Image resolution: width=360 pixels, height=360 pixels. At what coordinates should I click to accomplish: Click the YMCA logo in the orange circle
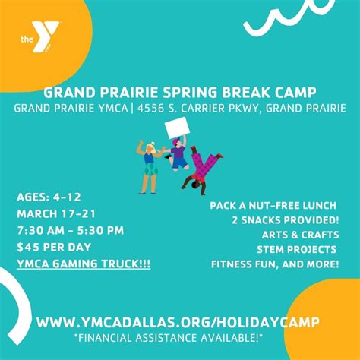[37, 39]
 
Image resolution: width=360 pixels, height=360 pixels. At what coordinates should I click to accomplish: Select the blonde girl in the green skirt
[148, 167]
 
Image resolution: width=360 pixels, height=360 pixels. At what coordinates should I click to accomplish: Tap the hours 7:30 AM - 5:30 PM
[70, 230]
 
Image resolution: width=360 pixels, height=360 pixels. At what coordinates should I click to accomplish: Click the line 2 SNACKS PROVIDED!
[286, 220]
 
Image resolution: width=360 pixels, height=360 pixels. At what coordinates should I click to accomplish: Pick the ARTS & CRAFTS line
[298, 235]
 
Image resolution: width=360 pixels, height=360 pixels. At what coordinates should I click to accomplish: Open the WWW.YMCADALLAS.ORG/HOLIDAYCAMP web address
[179, 322]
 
